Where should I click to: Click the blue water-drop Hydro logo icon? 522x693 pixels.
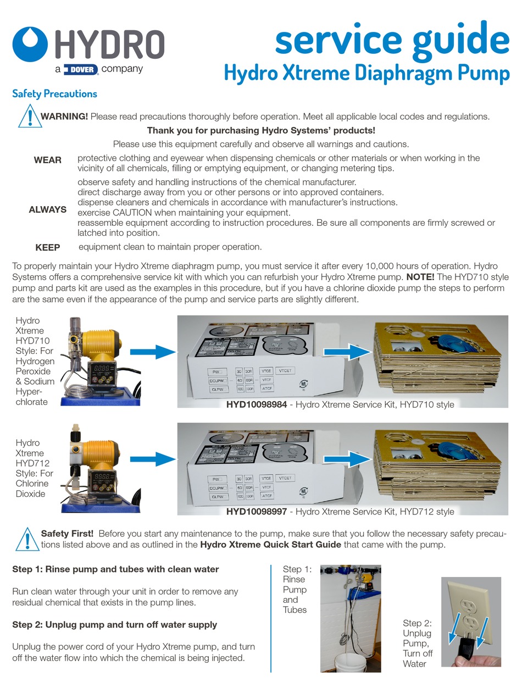[x=30, y=45]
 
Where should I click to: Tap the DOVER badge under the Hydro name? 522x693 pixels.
[x=81, y=69]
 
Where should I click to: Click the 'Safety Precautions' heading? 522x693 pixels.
[x=54, y=93]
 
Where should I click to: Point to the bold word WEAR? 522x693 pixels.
[x=48, y=160]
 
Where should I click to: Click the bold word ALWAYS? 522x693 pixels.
[x=48, y=209]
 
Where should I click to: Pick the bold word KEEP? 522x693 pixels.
[x=48, y=247]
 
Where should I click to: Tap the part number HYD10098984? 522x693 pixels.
[x=256, y=404]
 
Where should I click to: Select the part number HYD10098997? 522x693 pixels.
[x=256, y=512]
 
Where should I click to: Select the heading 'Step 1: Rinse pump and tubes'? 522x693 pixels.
[x=115, y=569]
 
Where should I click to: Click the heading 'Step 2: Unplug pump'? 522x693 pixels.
[x=114, y=625]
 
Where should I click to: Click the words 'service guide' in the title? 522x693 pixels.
[x=392, y=40]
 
